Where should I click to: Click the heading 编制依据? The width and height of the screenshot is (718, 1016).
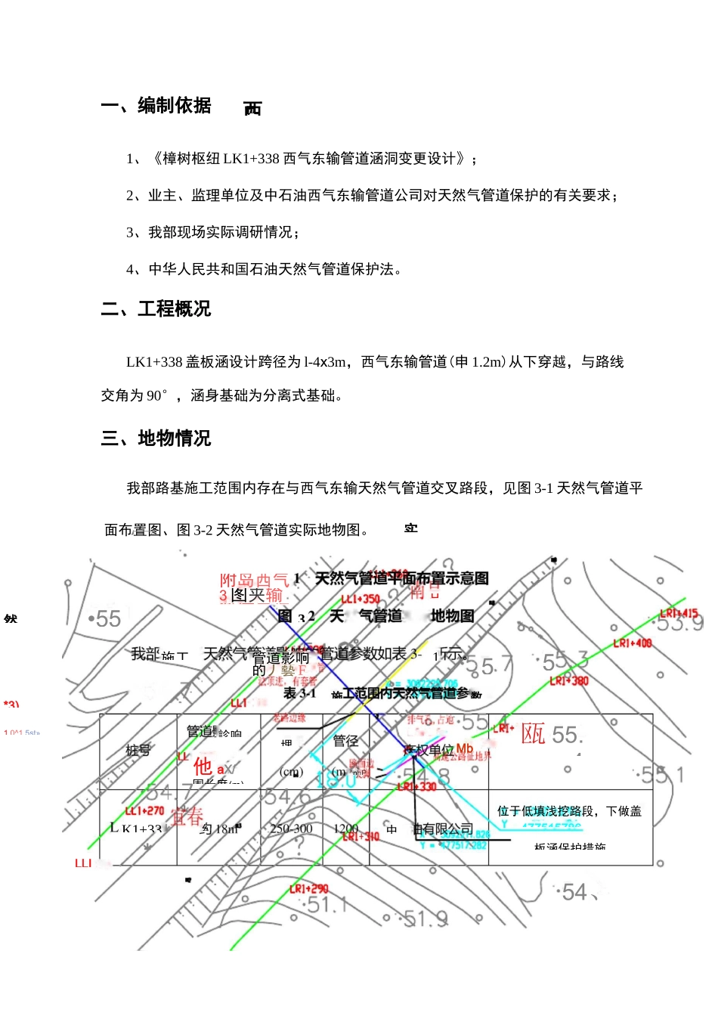point(174,106)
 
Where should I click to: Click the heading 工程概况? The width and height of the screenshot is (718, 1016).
point(174,309)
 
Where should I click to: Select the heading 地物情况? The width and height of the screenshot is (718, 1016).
point(174,438)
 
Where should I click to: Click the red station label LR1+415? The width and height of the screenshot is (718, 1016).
point(678,614)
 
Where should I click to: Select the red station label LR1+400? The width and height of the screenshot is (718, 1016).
point(632,643)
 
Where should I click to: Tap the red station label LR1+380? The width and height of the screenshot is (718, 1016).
point(568,681)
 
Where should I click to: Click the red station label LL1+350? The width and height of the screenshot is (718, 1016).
point(361,599)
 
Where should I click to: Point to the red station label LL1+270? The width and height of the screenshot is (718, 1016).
point(144,811)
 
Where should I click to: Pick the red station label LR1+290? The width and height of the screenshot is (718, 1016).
point(308,889)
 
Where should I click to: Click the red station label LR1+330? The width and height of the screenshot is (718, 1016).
point(416,787)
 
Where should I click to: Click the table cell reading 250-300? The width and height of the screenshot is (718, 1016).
point(291,829)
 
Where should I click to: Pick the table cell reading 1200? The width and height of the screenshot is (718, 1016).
point(345,829)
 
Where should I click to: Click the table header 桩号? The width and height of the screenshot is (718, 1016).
point(138,751)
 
